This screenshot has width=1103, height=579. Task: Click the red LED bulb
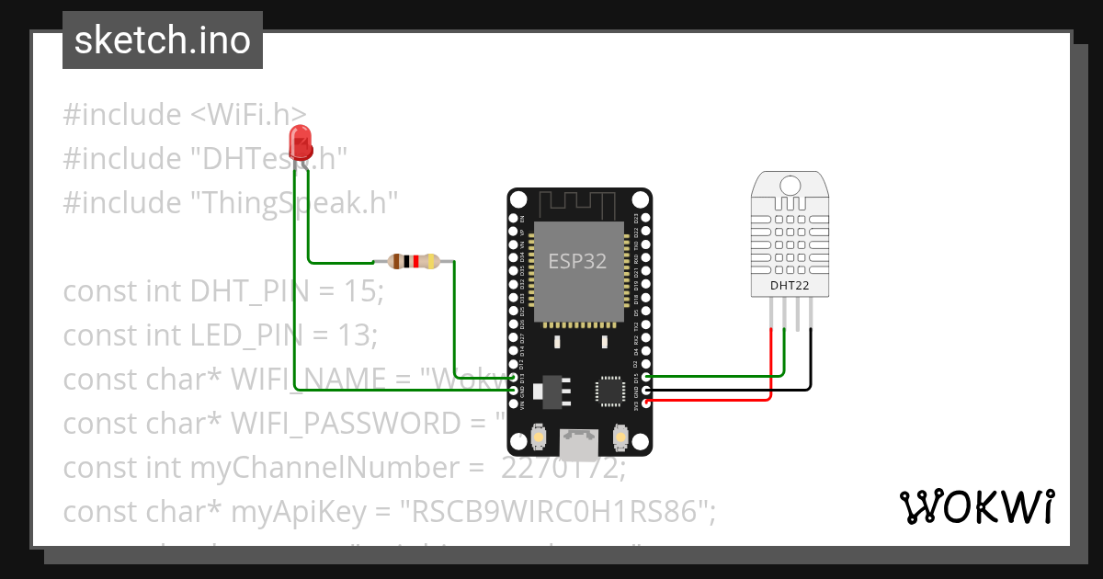[x=300, y=142]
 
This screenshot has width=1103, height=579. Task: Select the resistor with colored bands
[x=415, y=261]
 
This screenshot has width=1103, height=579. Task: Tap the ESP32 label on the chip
[x=577, y=261]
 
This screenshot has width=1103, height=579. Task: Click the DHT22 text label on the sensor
[x=790, y=286]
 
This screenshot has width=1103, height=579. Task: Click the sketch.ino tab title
[x=163, y=40]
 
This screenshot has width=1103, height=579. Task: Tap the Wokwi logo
[x=976, y=506]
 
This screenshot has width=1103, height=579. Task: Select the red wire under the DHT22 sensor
[x=770, y=368]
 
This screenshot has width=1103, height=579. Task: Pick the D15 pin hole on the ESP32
[x=646, y=376]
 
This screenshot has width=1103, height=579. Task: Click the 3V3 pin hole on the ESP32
[x=646, y=402]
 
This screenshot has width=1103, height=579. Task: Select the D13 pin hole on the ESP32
[x=514, y=377]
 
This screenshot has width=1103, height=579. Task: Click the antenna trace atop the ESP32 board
[x=580, y=203]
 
